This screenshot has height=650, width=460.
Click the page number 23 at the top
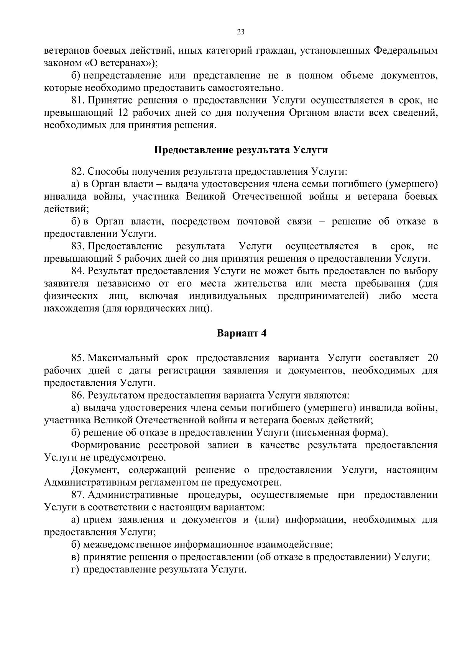tap(240, 32)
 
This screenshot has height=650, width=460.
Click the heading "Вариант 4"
tap(242, 333)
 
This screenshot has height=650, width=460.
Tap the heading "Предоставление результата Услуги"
tap(241, 150)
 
